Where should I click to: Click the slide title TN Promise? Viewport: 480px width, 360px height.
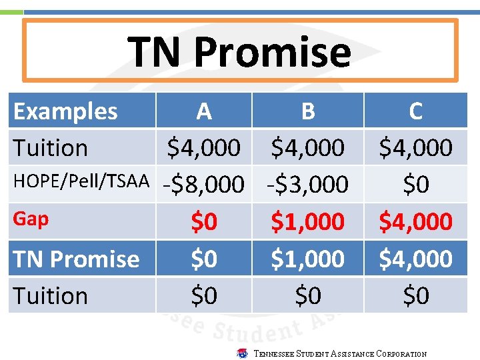click(239, 52)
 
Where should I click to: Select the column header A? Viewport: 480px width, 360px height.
click(204, 111)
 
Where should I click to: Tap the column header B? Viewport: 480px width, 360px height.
click(307, 111)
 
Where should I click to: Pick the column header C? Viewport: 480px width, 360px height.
click(415, 111)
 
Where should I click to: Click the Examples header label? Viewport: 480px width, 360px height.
click(65, 111)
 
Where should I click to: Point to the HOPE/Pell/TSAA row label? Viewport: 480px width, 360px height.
click(81, 183)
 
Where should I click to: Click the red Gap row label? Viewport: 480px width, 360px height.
click(31, 219)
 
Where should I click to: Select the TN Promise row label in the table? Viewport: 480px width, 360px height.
click(76, 259)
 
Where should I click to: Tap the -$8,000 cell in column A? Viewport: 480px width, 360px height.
click(204, 185)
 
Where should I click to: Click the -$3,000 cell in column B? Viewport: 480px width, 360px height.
click(307, 185)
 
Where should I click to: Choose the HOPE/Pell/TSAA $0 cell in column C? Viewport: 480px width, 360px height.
click(415, 185)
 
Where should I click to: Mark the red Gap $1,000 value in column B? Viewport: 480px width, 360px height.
click(307, 221)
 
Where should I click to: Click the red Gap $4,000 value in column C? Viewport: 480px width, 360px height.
click(415, 221)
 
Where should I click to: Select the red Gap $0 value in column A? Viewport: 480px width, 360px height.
click(204, 221)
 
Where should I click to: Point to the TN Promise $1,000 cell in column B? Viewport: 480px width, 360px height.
click(307, 259)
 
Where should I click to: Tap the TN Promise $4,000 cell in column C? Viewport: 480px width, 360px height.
click(415, 259)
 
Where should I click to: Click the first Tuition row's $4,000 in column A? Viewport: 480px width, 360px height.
click(204, 148)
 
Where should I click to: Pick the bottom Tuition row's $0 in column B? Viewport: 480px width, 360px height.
click(307, 295)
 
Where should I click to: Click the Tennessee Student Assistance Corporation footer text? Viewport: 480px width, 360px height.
click(340, 354)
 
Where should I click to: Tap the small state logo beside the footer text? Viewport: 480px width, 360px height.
click(243, 353)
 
